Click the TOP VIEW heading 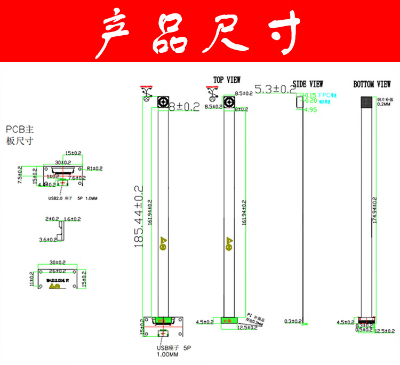click(227, 80)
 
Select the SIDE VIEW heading click(308, 84)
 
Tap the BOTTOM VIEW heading click(372, 84)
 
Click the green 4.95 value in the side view click(310, 110)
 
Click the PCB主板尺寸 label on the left click(20, 134)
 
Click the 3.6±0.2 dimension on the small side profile click(49, 240)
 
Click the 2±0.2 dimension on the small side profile click(52, 219)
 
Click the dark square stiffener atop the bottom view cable click(367, 102)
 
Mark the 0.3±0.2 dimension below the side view click(293, 321)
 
